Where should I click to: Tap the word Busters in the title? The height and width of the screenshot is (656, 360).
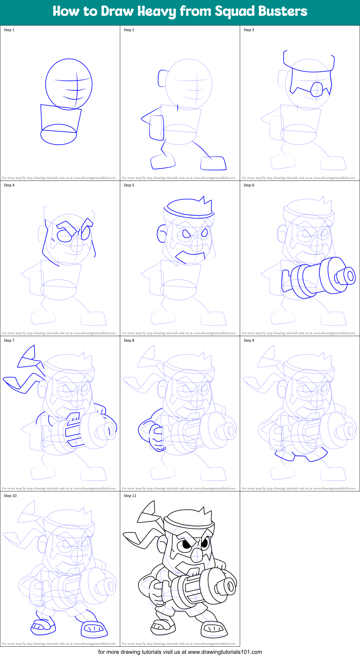(283, 12)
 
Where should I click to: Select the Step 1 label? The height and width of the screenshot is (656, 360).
(9, 30)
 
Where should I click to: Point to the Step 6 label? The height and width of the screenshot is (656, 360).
(249, 185)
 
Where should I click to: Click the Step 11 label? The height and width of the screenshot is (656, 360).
(130, 496)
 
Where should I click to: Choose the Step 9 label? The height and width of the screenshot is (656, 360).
(249, 340)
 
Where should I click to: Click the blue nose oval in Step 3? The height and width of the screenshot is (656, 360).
(317, 89)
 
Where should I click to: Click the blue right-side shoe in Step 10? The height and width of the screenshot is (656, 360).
(94, 629)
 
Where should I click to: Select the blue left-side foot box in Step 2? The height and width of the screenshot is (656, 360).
(163, 161)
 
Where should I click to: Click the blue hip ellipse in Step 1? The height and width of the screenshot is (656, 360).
(59, 134)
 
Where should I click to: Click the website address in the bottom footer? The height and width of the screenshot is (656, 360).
(225, 652)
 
